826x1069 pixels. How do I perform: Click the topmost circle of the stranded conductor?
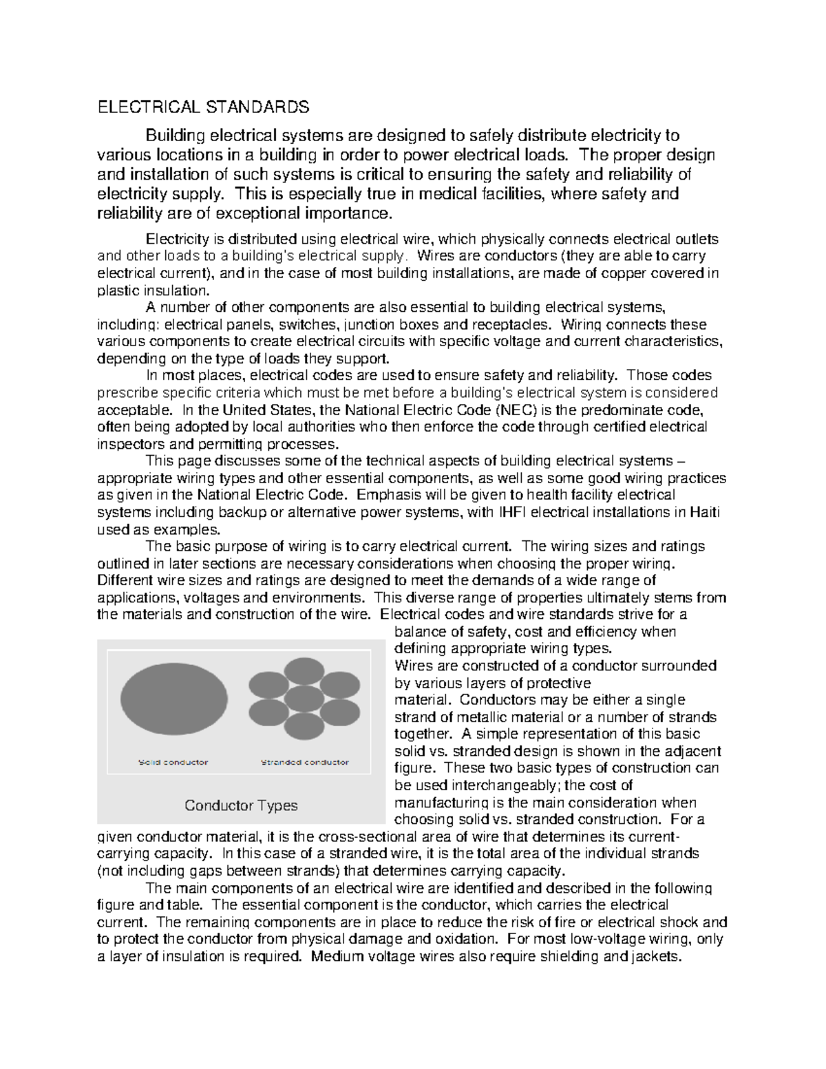tap(304, 672)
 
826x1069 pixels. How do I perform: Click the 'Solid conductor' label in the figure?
tap(173, 762)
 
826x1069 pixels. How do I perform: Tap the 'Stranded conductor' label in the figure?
tap(304, 762)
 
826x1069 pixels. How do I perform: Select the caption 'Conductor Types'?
tap(241, 805)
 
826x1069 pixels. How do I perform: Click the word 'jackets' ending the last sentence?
tap(657, 956)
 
